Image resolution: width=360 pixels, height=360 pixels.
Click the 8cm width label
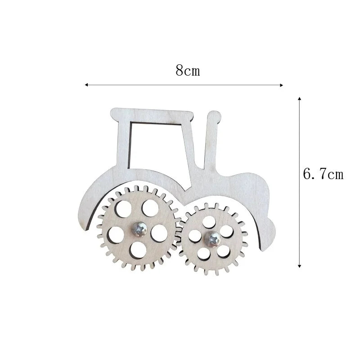188,71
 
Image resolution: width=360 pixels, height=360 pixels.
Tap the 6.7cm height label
323,174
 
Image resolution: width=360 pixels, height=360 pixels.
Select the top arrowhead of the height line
300,98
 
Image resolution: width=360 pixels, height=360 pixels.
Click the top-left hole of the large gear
123,208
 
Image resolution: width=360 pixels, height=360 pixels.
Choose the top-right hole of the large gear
148,207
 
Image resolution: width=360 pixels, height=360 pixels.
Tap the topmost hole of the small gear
208,221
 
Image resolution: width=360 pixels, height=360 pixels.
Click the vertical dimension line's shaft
300,216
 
